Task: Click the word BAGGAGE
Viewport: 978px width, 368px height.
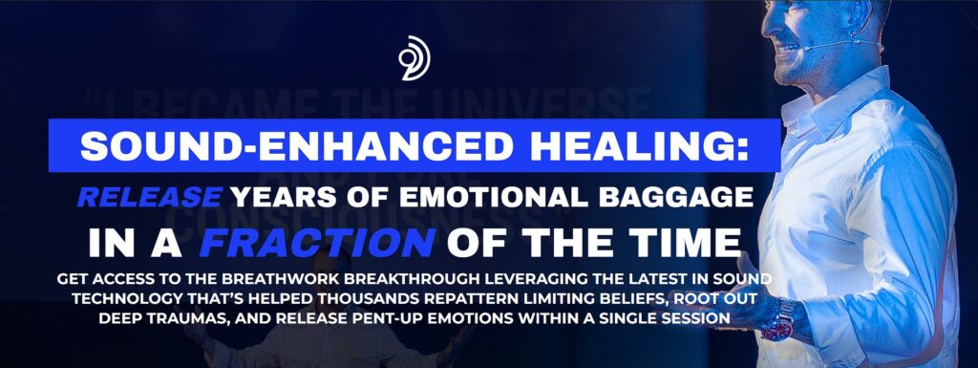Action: (669, 197)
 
